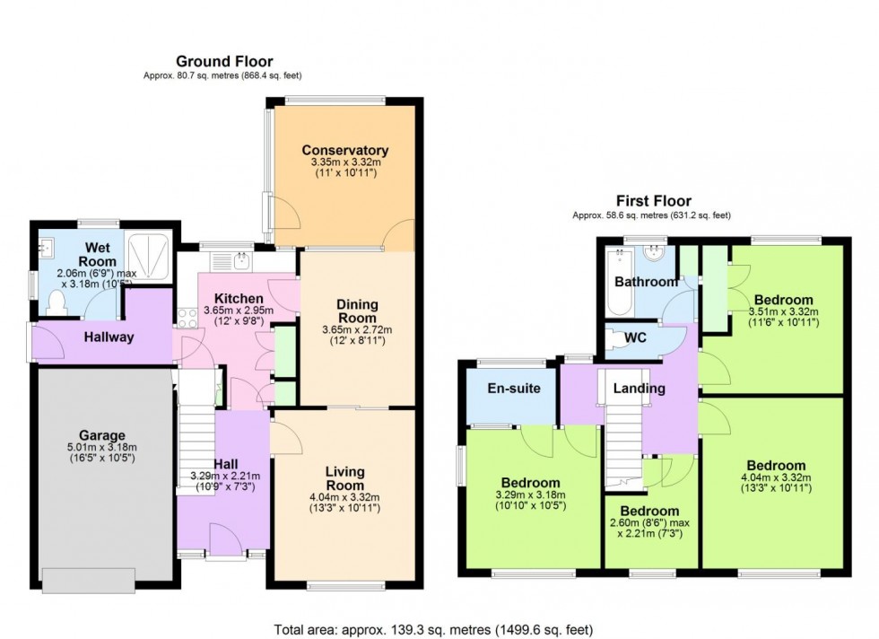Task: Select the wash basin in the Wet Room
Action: click(x=47, y=245)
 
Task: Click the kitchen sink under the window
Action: click(x=240, y=261)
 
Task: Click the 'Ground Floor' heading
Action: click(x=212, y=61)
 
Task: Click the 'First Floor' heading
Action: click(x=652, y=201)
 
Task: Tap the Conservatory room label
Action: click(x=344, y=150)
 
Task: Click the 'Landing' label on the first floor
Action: click(x=640, y=389)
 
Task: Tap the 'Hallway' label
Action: click(x=109, y=337)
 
